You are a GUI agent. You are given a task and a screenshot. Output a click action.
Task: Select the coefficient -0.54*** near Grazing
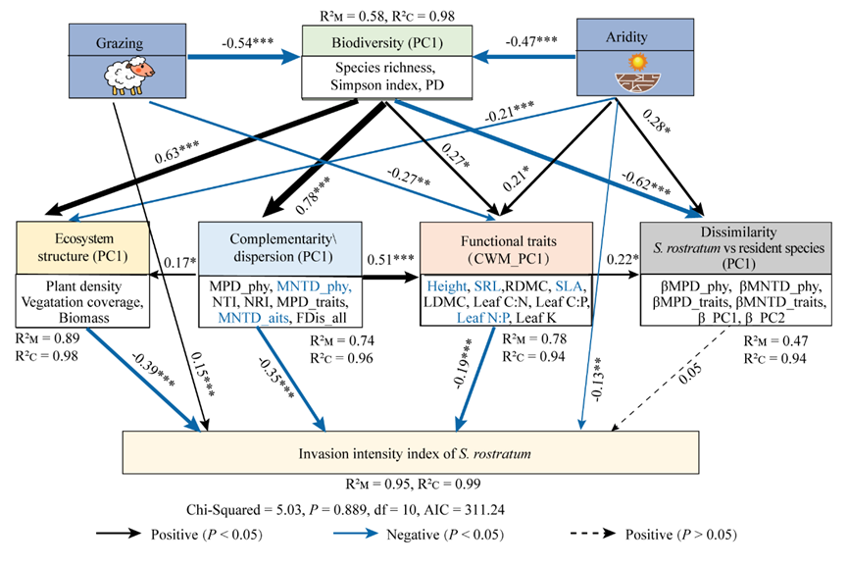[x=251, y=44]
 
